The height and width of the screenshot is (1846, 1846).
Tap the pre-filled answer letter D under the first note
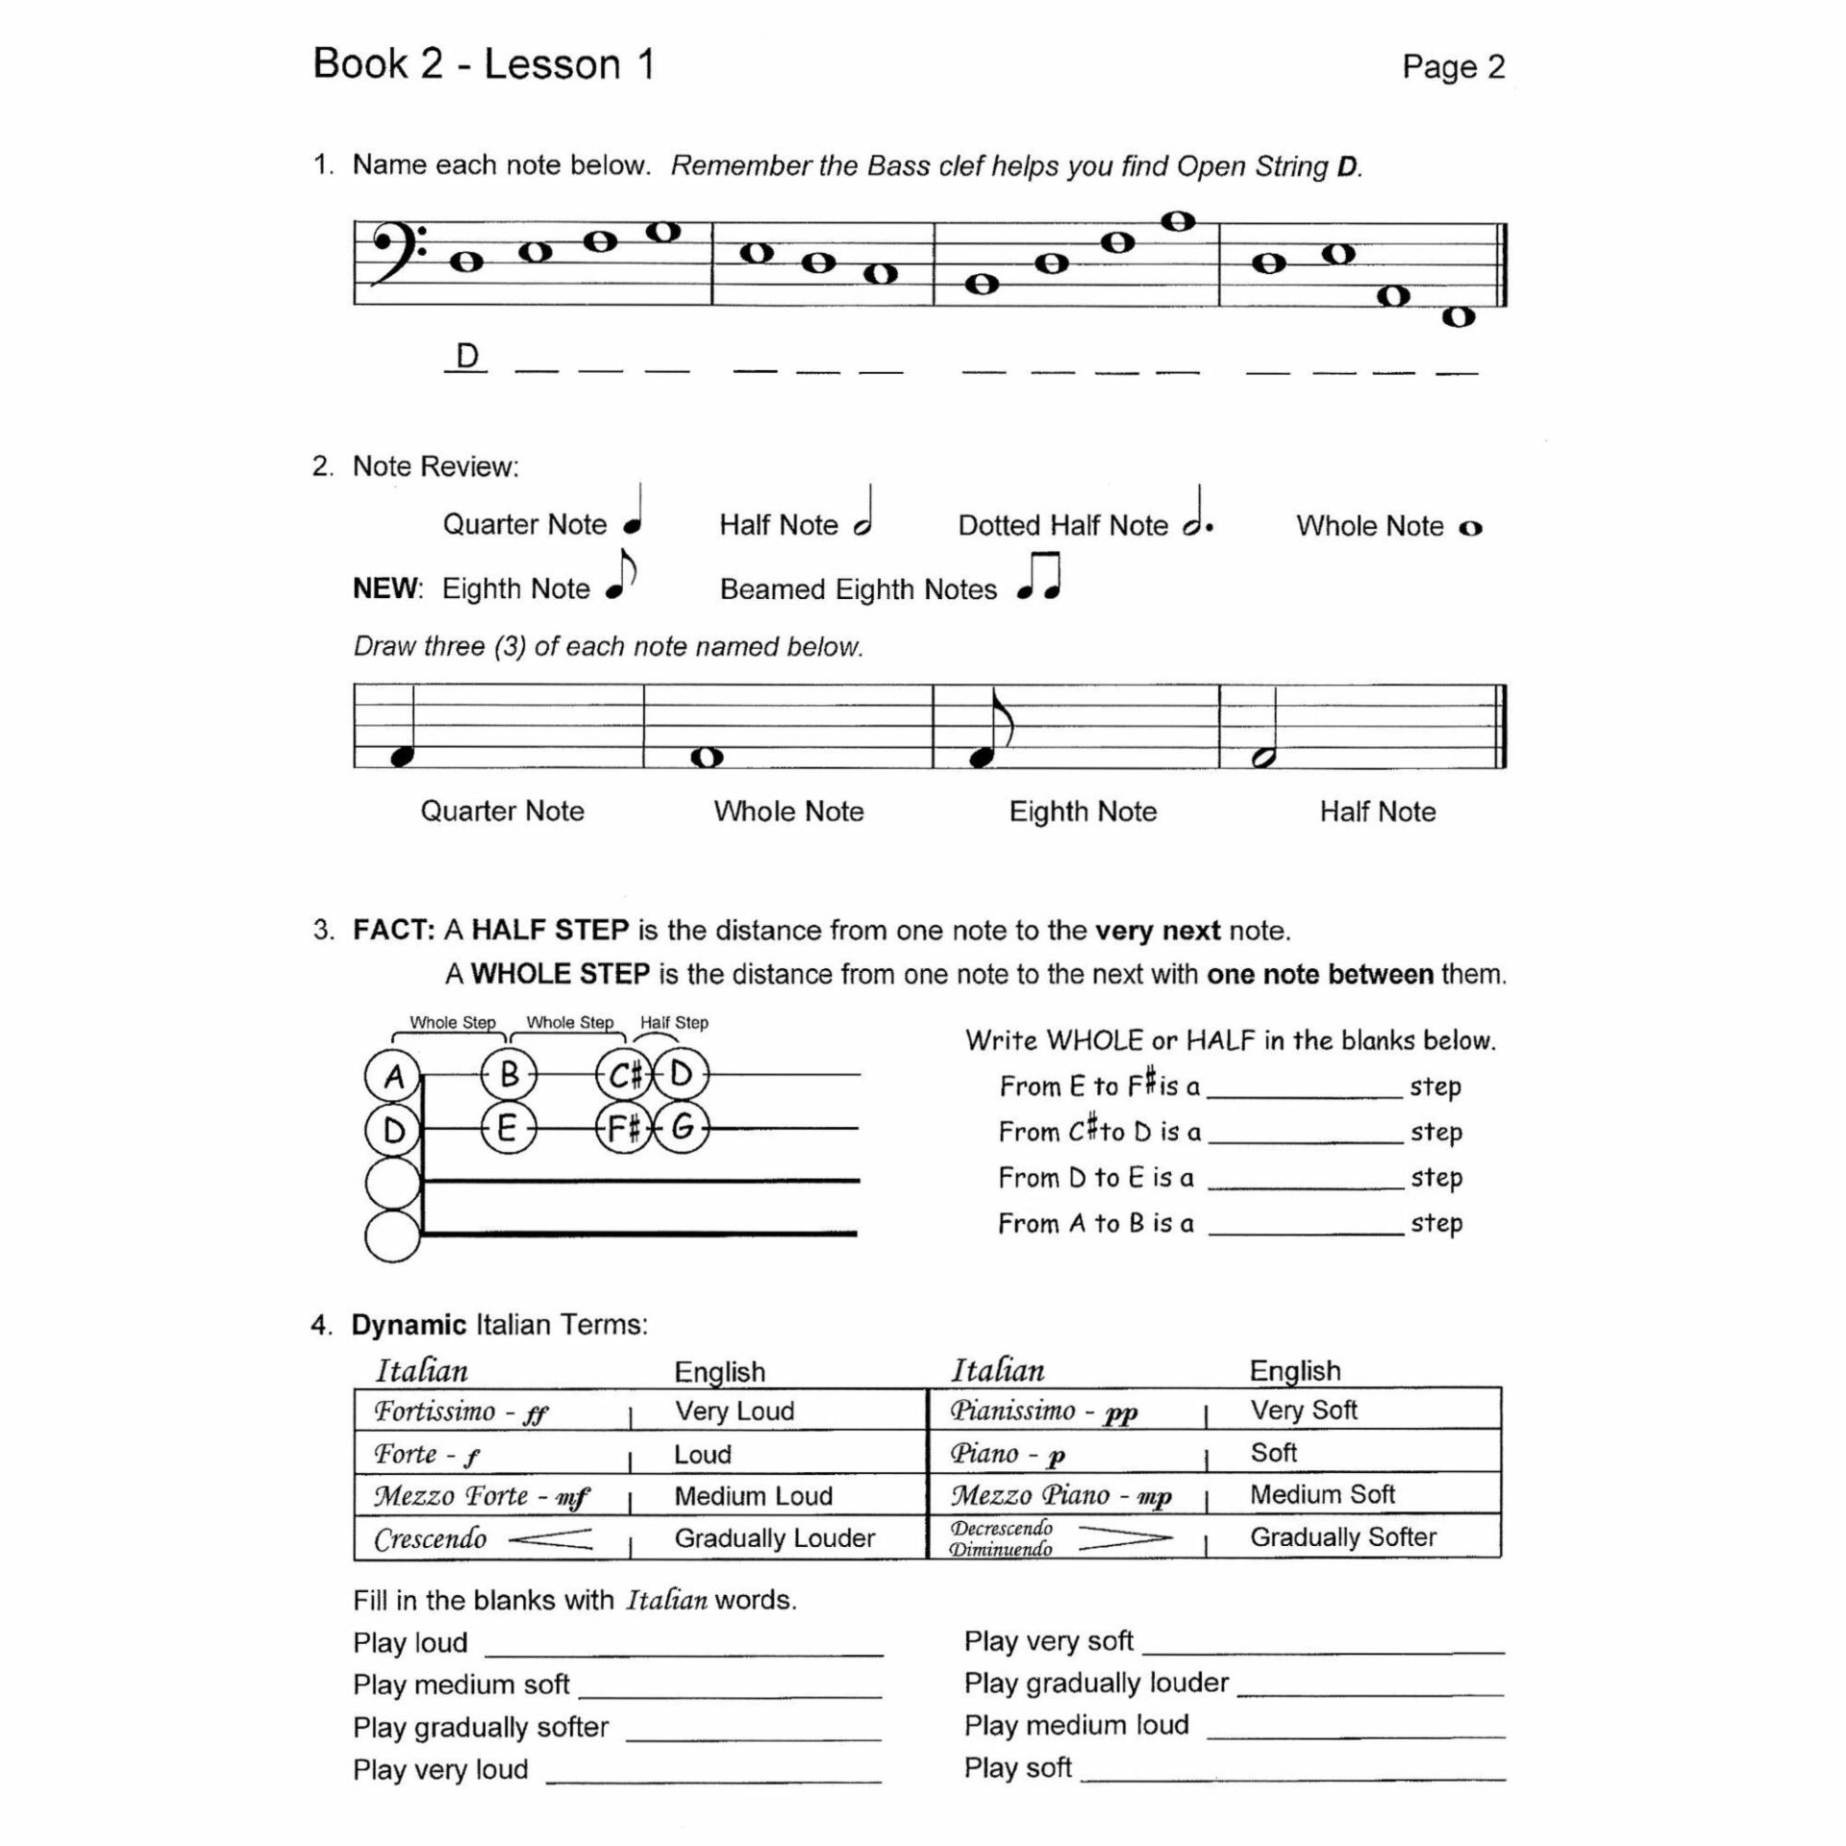click(467, 357)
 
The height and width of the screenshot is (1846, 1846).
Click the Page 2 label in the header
click(1453, 66)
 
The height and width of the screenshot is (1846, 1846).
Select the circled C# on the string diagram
click(624, 1075)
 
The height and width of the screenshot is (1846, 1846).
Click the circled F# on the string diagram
click(624, 1127)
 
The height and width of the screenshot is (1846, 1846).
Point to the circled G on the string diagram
click(682, 1127)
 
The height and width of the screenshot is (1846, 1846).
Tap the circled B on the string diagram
click(509, 1075)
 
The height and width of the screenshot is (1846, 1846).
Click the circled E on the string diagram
click(508, 1127)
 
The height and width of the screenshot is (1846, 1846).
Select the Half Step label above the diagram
click(674, 1023)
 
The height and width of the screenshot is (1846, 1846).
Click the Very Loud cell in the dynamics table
click(735, 1410)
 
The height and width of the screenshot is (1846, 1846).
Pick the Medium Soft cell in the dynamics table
click(1322, 1494)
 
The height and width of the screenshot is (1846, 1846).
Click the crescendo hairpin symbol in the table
click(550, 1539)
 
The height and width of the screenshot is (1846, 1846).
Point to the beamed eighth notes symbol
click(1039, 577)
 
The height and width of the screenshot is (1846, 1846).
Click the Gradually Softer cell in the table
click(1343, 1537)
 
